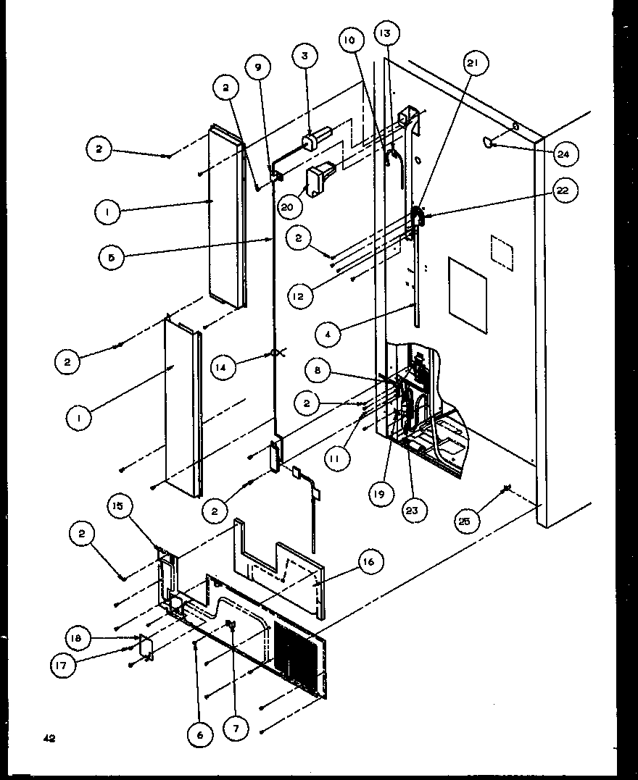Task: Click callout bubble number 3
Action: coord(305,56)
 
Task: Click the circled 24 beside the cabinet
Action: coord(563,153)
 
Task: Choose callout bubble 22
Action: coord(563,190)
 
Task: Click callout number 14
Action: coord(224,367)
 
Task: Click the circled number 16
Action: coord(368,561)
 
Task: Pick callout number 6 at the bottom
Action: coord(201,734)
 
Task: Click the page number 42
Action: coord(47,738)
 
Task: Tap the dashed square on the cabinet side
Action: coord(502,253)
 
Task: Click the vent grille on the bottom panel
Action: coord(296,656)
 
